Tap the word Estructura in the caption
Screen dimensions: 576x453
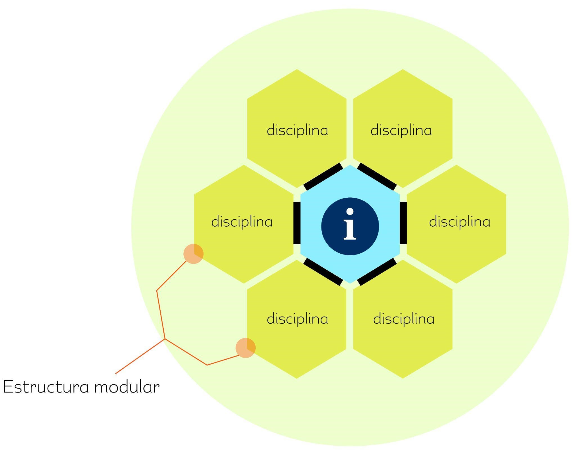coord(46,387)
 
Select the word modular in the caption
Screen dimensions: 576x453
coord(127,387)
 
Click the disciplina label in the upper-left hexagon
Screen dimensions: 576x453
coord(297,130)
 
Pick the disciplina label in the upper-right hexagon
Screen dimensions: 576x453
coord(401,130)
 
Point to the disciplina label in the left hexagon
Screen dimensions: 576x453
coord(242,222)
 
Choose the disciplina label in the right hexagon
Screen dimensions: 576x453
coord(460,222)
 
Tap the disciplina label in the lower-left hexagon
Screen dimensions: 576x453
coord(297,319)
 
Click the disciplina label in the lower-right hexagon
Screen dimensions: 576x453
coord(404,319)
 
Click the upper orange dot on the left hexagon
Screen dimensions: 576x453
coord(193,254)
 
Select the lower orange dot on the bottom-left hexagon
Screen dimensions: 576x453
coord(245,348)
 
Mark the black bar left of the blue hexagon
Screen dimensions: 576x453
coord(297,223)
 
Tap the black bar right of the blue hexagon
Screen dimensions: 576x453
coord(403,223)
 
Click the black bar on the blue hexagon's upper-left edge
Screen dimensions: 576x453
coord(323,177)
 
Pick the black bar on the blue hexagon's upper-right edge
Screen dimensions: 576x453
coord(377,177)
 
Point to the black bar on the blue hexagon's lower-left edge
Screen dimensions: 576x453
coord(323,272)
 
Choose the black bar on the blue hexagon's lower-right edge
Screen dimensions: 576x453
coord(377,272)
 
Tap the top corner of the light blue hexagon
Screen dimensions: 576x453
coord(350,166)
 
